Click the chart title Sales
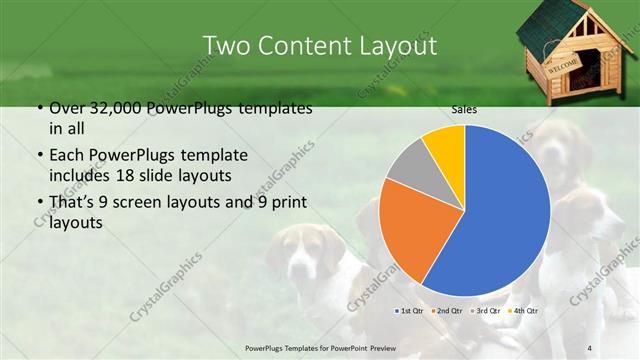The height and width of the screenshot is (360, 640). tap(463, 109)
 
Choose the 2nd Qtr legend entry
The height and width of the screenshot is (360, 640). tap(448, 310)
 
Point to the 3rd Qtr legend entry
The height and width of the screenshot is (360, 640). tap(488, 310)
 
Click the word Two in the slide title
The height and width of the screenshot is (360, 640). tap(227, 46)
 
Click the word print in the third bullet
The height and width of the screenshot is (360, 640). tap(286, 204)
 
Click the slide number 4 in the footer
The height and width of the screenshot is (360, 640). tap(589, 347)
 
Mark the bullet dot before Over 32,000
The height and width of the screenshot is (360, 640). tap(37, 108)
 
